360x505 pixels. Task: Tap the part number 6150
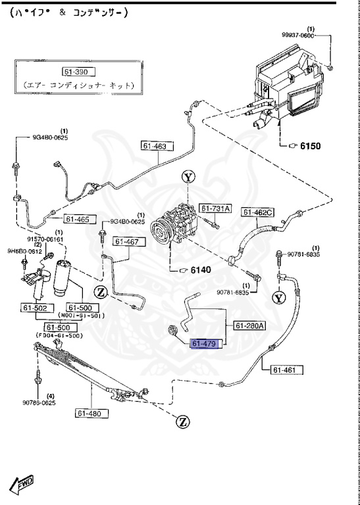click(310, 146)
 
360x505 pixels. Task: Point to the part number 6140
click(202, 270)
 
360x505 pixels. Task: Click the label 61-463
click(154, 146)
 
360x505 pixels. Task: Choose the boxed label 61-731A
click(216, 208)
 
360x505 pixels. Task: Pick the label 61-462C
click(257, 212)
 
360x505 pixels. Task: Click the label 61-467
click(126, 241)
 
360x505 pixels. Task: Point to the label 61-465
click(77, 219)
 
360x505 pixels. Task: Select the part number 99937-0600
click(298, 36)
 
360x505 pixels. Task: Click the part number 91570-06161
click(45, 239)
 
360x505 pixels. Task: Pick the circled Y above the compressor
click(188, 176)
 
